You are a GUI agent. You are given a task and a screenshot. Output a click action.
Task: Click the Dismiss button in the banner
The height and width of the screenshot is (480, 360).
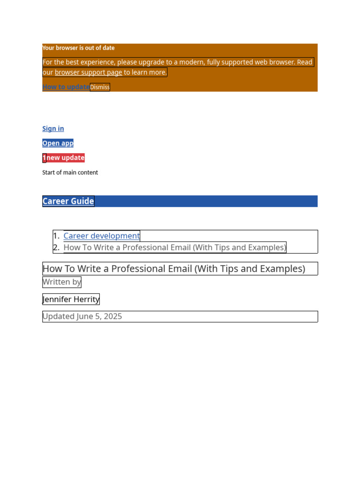coord(100,87)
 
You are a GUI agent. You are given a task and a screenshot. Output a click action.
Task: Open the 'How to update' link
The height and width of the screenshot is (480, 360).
coord(66,87)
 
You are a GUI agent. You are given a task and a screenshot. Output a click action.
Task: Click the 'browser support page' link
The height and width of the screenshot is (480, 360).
coord(88,72)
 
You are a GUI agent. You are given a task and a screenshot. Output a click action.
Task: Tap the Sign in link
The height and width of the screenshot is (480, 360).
coord(53,128)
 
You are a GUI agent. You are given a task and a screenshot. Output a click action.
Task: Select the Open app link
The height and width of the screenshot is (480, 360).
coord(58,143)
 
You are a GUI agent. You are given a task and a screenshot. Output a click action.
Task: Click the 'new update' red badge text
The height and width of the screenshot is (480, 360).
coord(66,157)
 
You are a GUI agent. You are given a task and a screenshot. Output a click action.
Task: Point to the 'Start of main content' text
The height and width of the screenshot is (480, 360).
coord(70,172)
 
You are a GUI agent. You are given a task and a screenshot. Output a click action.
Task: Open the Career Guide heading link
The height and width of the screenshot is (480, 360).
coord(68,201)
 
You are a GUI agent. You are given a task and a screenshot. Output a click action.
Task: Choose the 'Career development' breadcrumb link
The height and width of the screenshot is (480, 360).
coord(101,236)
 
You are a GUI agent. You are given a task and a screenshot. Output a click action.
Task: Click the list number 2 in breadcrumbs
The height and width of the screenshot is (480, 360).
coord(56,247)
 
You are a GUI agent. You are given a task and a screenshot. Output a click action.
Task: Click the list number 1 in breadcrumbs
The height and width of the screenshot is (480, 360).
coord(56,236)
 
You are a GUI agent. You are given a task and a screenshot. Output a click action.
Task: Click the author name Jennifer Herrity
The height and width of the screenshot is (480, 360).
coord(71,299)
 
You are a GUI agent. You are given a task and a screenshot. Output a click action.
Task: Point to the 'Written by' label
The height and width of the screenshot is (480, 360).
coord(61,282)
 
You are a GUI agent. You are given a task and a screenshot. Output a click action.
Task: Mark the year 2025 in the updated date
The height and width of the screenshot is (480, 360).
coord(113,316)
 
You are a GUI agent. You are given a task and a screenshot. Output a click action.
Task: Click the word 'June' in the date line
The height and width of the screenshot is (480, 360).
coord(85,316)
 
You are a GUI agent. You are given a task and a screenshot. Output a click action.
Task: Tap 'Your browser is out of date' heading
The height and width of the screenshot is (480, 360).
coord(78,48)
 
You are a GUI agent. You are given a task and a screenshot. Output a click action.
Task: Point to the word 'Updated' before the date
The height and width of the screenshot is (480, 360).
coord(58,316)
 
